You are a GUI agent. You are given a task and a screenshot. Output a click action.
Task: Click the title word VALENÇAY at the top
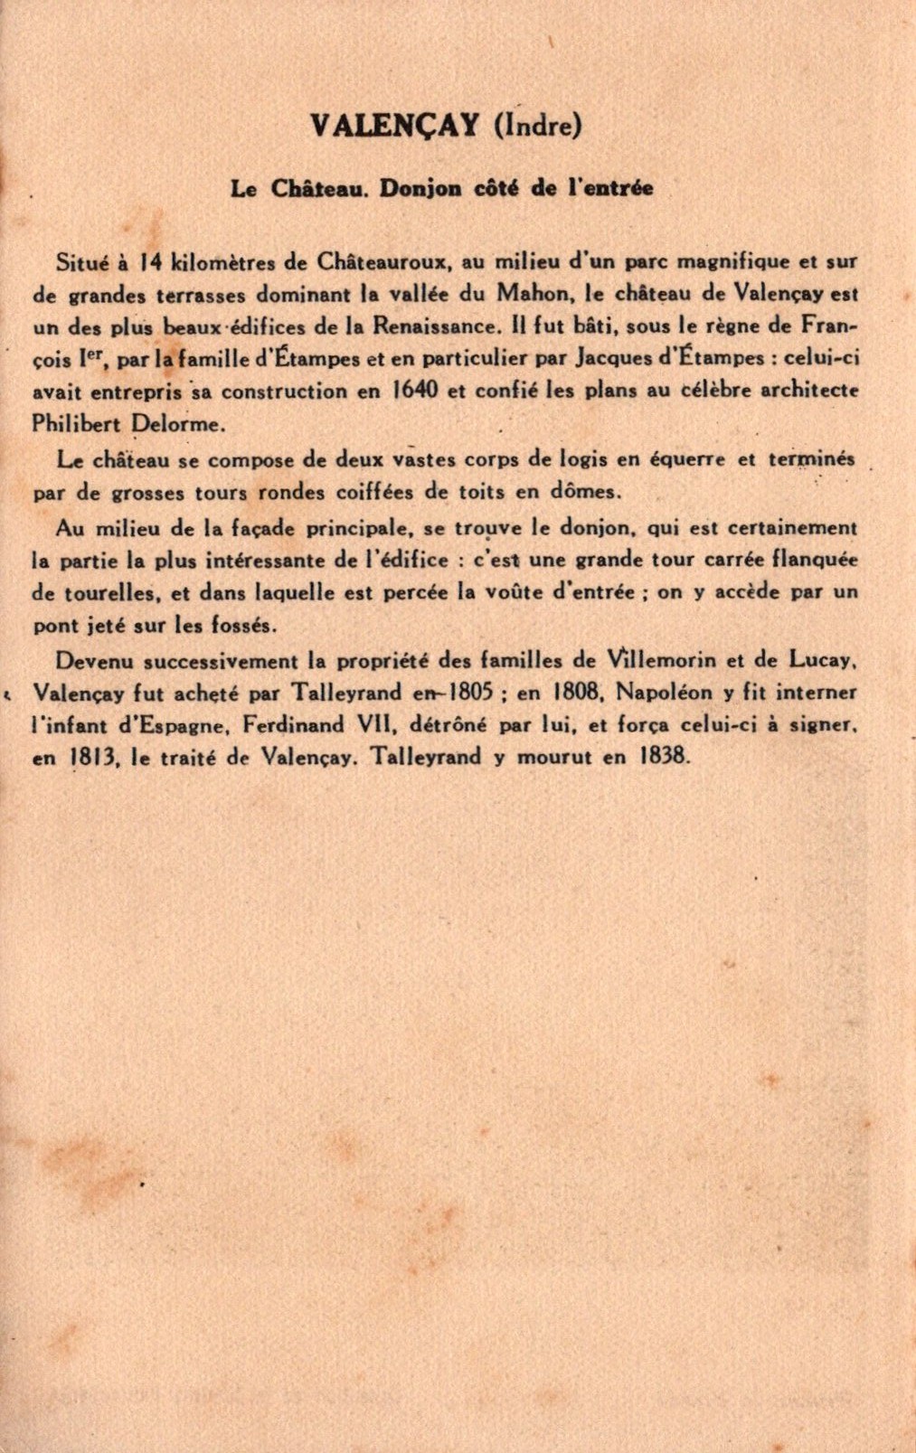(394, 126)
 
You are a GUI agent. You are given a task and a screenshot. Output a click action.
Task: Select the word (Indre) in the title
(537, 126)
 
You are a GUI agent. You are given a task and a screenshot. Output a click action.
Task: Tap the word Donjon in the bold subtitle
(420, 188)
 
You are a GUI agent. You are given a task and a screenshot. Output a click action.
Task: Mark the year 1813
(94, 759)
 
